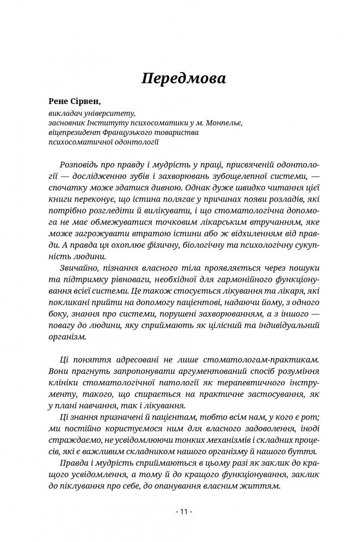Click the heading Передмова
pos(183,78)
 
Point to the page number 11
pos(180,512)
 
